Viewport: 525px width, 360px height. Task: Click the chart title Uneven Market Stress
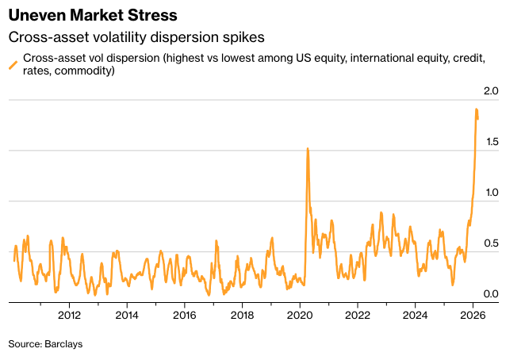coord(93,15)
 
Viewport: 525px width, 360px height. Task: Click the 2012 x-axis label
coord(69,314)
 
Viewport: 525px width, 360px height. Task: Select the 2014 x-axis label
coord(127,314)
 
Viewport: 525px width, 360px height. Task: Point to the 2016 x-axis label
coord(184,314)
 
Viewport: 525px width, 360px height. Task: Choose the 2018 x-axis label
coord(242,314)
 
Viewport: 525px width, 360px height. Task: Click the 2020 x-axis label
coord(300,314)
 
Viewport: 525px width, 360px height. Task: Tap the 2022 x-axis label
coord(358,314)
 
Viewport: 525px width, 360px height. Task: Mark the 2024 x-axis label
coord(416,314)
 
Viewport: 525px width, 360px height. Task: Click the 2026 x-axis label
coord(473,314)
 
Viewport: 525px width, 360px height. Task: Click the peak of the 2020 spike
coord(307,148)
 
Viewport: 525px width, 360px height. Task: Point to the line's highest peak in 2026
coord(476,109)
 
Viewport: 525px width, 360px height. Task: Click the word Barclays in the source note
coord(64,344)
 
